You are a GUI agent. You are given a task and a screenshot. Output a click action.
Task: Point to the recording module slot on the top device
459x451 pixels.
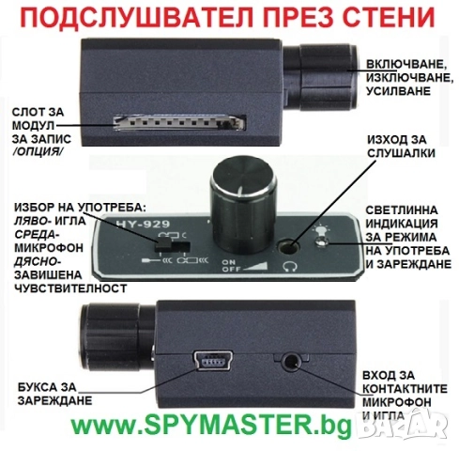tap(179, 122)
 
